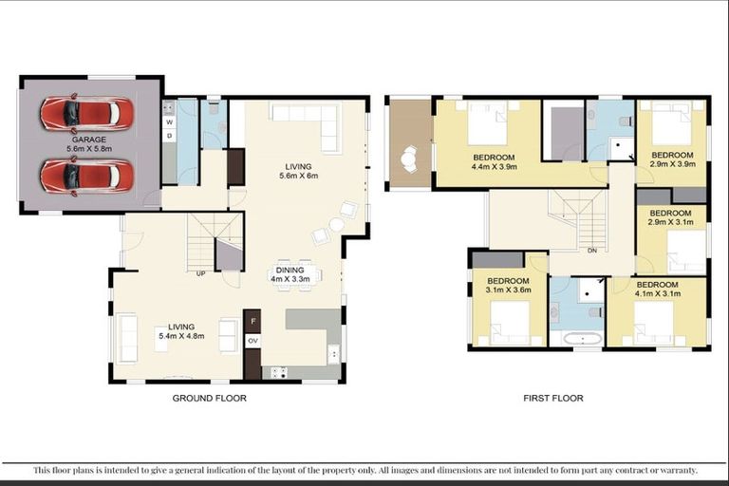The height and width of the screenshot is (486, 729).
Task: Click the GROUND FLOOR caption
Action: (x=209, y=399)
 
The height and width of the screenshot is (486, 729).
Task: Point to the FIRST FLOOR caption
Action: (x=553, y=399)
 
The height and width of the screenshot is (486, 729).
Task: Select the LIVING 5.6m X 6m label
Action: (x=297, y=169)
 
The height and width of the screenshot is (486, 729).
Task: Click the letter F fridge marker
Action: (x=253, y=321)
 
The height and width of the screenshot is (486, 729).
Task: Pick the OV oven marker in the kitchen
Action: (x=253, y=339)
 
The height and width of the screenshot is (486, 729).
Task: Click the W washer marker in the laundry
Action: (x=170, y=122)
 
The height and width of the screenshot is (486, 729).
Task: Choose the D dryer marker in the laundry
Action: (x=170, y=136)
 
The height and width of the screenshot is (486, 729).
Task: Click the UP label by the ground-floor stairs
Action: (x=200, y=274)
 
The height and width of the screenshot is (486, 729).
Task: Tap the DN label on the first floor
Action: (x=591, y=251)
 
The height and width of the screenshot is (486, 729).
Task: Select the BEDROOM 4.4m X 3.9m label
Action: (x=493, y=161)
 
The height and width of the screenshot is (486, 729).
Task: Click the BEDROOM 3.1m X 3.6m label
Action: (x=508, y=286)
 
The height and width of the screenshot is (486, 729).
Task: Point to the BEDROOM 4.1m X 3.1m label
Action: (x=657, y=290)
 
